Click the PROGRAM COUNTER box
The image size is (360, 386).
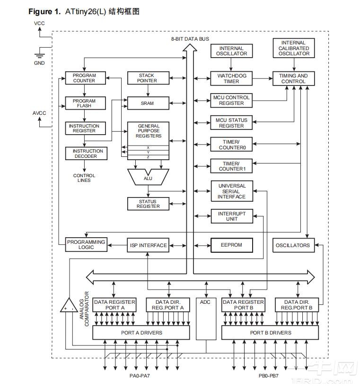pos(84,78)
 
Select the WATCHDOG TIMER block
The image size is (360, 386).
pos(231,78)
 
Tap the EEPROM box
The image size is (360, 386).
pos(231,245)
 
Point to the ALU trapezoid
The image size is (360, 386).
pos(148,178)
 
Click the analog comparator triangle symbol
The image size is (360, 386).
pos(69,307)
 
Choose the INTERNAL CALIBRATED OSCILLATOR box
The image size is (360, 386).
pos(294,48)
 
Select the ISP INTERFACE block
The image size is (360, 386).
pos(148,245)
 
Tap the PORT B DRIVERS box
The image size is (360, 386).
pos(270,333)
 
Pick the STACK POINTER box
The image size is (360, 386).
pos(146,78)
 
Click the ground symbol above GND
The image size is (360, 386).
pos(39,54)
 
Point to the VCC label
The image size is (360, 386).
pos(40,23)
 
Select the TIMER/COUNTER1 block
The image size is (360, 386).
pos(231,166)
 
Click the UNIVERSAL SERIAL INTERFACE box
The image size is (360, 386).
pos(231,191)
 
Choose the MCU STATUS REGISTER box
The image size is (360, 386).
pos(231,123)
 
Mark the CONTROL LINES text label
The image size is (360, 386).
pos(84,178)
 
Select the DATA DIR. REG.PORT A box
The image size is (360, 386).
pos(168,305)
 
